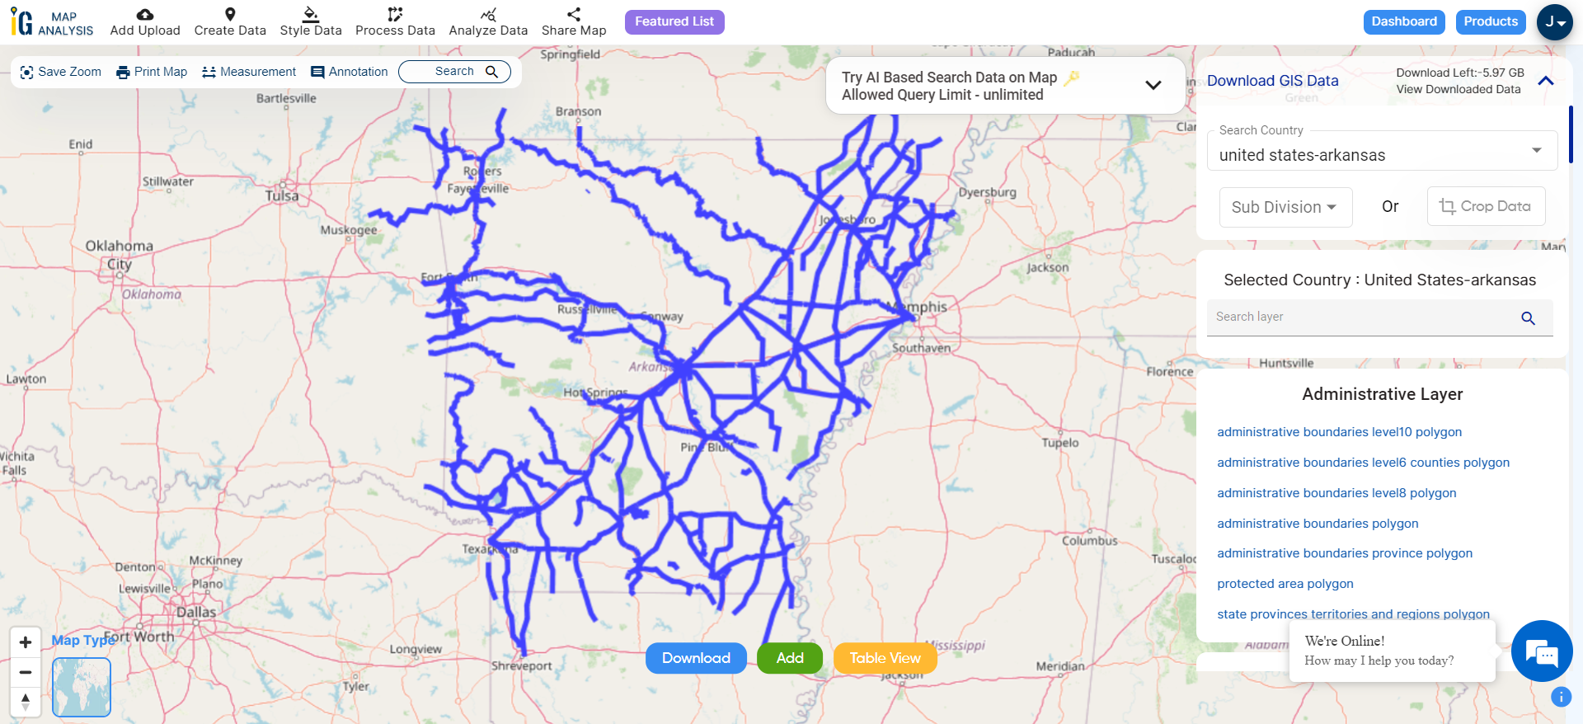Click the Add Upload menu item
[x=145, y=22]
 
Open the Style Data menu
[x=311, y=22]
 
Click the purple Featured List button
[x=674, y=21]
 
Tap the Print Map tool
[x=152, y=72]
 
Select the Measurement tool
[x=249, y=72]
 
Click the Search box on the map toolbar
[x=454, y=72]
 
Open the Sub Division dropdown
[x=1285, y=207]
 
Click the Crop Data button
[x=1485, y=206]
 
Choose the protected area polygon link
[x=1285, y=584]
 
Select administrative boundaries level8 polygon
[x=1336, y=493]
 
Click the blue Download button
[x=696, y=658]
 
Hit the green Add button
[x=789, y=658]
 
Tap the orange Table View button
[x=885, y=658]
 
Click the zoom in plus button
[x=26, y=642]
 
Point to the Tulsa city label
[x=282, y=196]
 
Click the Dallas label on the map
[x=196, y=612]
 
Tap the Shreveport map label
[x=522, y=665]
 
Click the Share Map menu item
[x=574, y=22]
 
